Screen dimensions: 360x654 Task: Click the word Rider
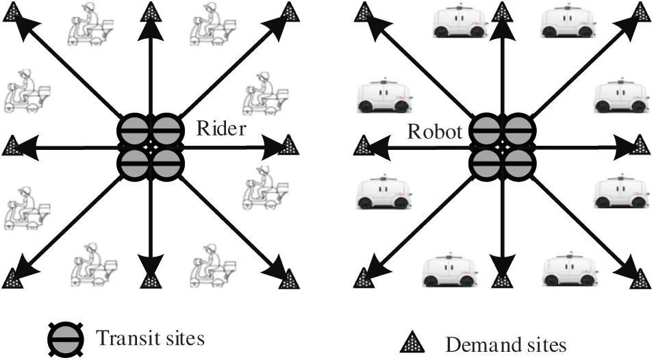coord(221,129)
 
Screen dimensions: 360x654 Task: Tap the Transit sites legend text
coord(150,338)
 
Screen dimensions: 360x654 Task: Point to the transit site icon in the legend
coord(66,338)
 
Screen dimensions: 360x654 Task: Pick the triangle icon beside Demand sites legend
coord(413,342)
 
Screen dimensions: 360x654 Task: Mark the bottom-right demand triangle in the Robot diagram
coord(640,278)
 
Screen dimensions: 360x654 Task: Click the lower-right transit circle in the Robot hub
coord(518,163)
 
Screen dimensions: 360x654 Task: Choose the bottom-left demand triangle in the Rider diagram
coord(11,279)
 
